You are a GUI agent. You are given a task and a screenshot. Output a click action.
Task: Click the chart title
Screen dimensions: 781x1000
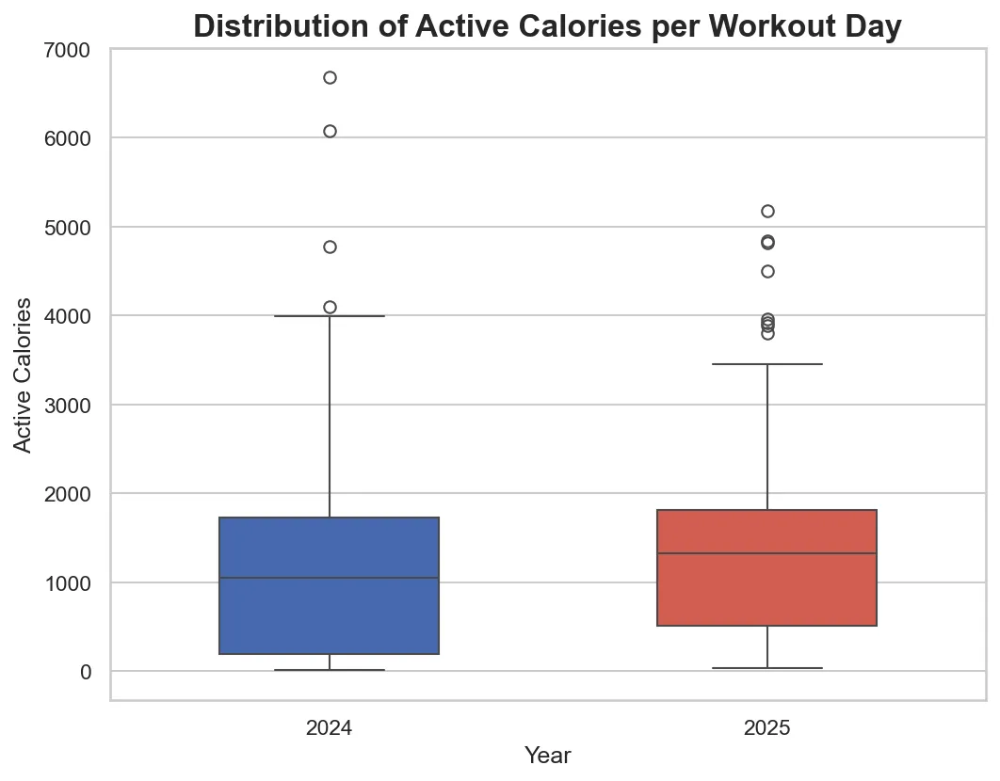tap(547, 26)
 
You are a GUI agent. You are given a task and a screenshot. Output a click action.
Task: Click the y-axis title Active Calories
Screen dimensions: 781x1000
tap(25, 375)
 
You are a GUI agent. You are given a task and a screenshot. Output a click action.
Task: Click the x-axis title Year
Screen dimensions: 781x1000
tap(547, 756)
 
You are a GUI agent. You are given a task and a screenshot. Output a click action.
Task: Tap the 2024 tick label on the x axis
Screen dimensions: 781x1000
tap(330, 728)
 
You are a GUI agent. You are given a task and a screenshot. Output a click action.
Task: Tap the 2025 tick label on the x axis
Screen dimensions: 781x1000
tap(766, 728)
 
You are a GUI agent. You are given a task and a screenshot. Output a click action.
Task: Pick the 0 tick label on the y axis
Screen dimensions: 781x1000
tap(86, 672)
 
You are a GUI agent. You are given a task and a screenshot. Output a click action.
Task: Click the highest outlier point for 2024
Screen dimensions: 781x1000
tap(330, 77)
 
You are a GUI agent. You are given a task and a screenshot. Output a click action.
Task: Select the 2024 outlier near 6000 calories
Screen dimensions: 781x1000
tap(330, 131)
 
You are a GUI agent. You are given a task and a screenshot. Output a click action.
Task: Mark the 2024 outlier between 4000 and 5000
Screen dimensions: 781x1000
tap(330, 247)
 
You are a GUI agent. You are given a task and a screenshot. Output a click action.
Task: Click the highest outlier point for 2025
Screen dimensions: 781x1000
tap(767, 211)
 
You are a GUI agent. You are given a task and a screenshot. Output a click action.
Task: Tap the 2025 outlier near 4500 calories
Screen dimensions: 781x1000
tap(767, 271)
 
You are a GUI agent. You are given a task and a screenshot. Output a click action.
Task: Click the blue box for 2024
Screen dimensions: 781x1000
tap(330, 612)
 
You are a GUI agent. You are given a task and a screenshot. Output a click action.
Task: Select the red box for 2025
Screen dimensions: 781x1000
tap(767, 588)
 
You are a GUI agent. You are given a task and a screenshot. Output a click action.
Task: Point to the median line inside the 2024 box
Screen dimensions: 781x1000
tap(330, 578)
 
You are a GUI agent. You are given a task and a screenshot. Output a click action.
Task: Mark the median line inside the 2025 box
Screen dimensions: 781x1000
tap(767, 553)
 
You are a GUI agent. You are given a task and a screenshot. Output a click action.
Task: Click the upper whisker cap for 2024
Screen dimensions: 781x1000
tap(330, 316)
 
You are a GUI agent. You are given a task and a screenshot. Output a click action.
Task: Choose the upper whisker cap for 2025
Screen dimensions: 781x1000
tap(767, 363)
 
